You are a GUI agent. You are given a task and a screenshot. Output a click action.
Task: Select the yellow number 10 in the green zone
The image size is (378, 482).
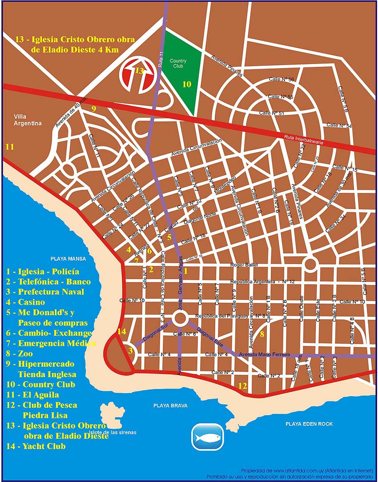click(x=187, y=84)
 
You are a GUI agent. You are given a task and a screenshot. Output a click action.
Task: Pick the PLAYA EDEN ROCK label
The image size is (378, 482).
click(x=309, y=424)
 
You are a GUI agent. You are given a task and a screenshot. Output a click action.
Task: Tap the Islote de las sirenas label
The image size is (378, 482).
click(x=113, y=432)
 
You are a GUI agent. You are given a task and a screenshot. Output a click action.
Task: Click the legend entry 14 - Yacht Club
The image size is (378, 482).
click(x=36, y=446)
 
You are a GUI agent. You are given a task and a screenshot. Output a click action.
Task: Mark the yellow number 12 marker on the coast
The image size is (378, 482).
click(x=242, y=386)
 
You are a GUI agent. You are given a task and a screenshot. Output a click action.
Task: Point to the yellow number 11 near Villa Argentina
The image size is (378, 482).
click(x=9, y=146)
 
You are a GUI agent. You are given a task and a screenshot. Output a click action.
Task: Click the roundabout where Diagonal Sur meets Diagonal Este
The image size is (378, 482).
click(x=180, y=318)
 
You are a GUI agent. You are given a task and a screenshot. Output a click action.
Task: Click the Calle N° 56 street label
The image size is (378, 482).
click(x=281, y=79)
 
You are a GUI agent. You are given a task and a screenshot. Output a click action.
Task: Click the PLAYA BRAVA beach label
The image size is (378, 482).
click(x=170, y=406)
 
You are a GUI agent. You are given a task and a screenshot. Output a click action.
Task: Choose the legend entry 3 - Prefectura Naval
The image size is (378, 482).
click(x=45, y=292)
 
